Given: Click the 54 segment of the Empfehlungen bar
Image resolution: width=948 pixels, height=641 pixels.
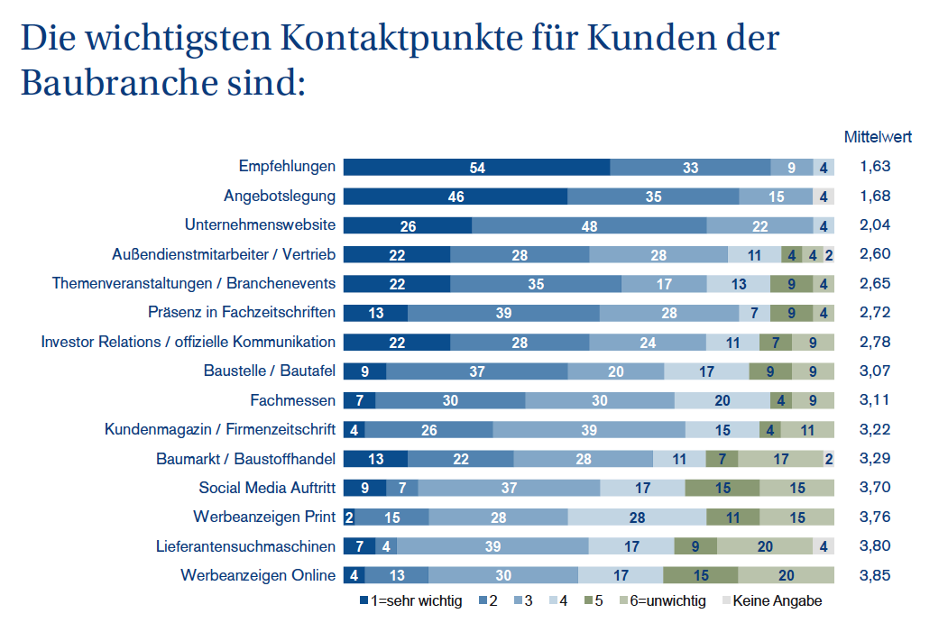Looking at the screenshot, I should point(477,167).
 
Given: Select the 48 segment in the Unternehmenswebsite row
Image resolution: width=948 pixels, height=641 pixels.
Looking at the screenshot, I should point(588,225).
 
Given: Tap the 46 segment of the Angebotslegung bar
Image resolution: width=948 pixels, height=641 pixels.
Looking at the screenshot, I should point(456,197).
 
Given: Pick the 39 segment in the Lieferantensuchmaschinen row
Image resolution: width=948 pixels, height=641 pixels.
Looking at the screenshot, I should point(492,546).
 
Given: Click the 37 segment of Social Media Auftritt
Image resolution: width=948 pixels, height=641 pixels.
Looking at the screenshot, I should point(509,488).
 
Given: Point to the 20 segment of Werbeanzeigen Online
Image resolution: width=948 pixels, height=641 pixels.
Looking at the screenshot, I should point(786,575).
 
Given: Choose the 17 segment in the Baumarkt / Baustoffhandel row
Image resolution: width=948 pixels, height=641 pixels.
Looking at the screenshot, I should point(780,459).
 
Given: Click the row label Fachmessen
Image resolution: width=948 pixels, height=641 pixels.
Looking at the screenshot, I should point(293,400).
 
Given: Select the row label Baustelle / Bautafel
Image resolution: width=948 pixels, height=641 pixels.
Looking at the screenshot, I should point(270,371).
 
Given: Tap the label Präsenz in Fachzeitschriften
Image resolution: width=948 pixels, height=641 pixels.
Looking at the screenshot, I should point(242,313).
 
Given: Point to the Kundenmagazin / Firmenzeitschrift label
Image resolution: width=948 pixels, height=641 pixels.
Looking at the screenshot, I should point(220,429).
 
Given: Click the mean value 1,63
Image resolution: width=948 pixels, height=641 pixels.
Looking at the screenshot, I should point(875,167).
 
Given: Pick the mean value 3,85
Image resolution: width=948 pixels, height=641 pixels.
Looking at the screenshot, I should point(875,575).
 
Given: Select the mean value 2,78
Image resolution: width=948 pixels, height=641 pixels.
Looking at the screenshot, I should point(875,342).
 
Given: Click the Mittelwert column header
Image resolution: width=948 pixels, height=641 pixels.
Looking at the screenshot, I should point(878,137).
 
